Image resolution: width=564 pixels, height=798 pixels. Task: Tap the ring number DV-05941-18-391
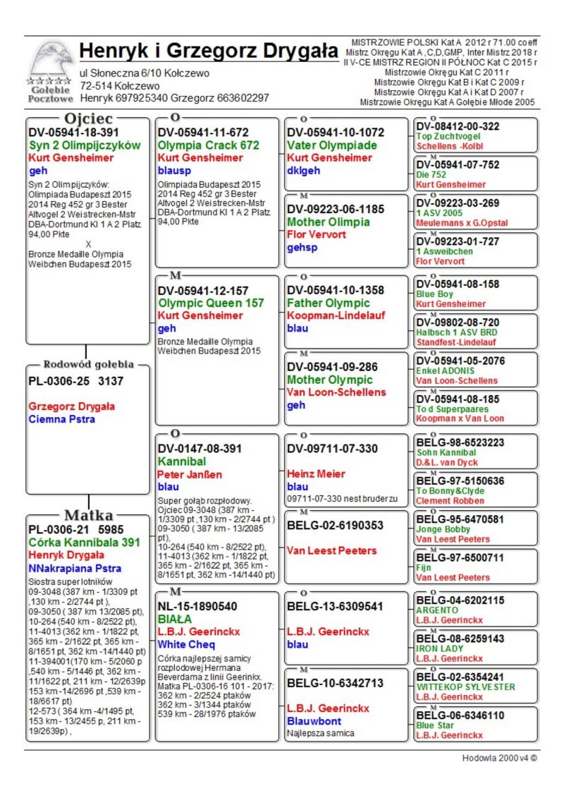73,132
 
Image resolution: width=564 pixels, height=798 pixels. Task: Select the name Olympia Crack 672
209,145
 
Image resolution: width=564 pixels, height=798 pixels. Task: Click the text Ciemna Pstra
62,419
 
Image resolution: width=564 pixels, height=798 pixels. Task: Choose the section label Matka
89,514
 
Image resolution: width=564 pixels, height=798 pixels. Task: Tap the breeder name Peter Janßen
189,474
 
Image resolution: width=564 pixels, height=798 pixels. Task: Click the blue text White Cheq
186,644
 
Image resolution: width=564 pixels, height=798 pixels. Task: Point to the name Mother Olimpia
329,222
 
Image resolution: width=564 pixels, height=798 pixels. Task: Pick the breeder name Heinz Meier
317,474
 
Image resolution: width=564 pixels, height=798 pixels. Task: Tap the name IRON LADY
440,648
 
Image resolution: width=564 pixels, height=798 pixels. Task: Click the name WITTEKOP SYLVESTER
465,687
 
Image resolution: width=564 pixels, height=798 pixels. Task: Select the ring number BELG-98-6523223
460,442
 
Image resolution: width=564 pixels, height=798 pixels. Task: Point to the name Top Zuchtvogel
448,136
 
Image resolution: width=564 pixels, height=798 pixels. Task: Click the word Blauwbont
314,721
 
